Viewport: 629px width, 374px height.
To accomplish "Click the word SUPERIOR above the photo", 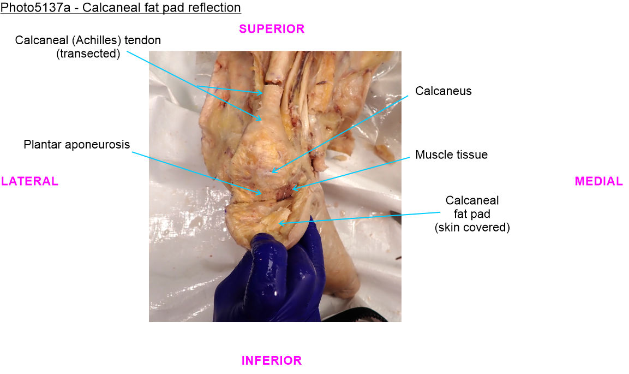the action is [x=272, y=29].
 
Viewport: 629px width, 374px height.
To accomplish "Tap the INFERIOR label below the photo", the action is [x=272, y=360].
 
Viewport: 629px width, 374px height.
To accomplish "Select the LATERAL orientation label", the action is [x=29, y=181].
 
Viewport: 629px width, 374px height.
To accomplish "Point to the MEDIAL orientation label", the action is [x=598, y=181].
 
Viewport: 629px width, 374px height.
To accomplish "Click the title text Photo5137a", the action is [x=35, y=7].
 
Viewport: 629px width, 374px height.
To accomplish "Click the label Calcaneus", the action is [x=444, y=91].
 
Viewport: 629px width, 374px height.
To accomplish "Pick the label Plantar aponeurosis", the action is [x=76, y=145].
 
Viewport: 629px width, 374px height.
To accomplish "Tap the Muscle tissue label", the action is [x=451, y=155].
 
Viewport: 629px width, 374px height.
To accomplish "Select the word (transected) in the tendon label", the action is [x=88, y=54].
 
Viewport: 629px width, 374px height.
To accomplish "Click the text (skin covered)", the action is [x=472, y=228].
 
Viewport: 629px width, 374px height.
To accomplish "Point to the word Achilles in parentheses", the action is [x=98, y=40].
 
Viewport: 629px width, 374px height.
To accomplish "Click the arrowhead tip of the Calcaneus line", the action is [x=272, y=173].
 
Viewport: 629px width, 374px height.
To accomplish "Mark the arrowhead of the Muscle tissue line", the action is [x=293, y=188].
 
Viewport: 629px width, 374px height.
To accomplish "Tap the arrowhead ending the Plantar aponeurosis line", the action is [x=261, y=194].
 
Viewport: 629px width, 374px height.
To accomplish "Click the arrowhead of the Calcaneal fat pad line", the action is [x=279, y=223].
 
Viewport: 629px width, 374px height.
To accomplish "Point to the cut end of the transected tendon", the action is [x=273, y=82].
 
